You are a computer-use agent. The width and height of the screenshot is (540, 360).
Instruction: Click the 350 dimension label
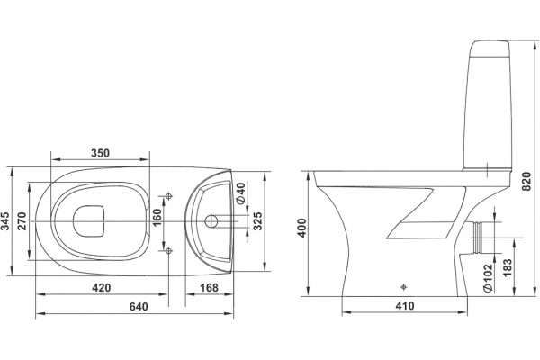click(100, 153)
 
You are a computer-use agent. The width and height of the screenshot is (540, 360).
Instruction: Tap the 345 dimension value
click(6, 220)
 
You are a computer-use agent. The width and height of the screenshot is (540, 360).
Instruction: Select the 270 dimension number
click(22, 221)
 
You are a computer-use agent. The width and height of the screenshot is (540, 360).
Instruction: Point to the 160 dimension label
click(157, 218)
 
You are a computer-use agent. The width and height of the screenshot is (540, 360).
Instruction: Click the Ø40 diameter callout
click(240, 193)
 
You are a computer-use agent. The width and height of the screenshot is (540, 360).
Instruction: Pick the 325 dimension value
click(257, 220)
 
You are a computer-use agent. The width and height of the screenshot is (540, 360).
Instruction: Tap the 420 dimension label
click(102, 287)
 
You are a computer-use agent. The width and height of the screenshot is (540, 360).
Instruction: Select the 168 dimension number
click(209, 287)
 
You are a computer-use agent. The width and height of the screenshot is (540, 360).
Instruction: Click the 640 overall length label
click(139, 306)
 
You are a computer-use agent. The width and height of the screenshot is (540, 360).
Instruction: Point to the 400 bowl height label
click(302, 228)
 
